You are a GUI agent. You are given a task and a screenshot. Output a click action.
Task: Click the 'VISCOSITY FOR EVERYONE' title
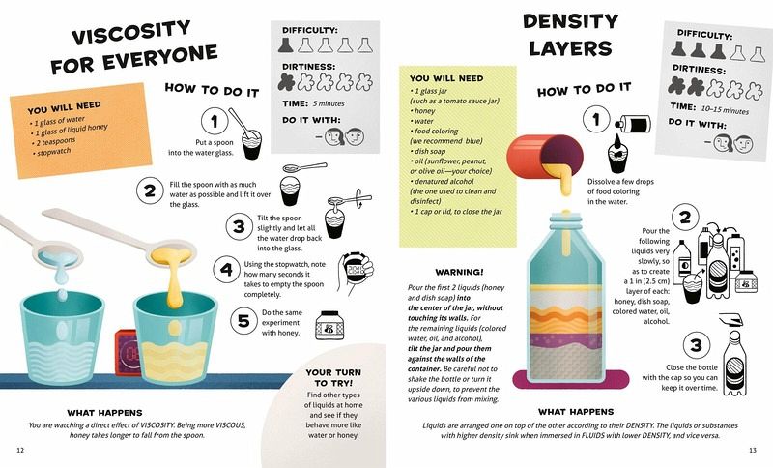coord(133,46)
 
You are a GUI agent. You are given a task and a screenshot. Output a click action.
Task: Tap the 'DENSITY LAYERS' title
coord(570,35)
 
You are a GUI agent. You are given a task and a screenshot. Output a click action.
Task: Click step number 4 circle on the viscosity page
coord(226,269)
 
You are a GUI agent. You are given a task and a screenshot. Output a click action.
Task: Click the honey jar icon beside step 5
coord(329,325)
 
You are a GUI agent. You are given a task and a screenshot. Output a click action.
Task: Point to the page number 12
coord(20,450)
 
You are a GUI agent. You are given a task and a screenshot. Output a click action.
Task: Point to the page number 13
coord(753,450)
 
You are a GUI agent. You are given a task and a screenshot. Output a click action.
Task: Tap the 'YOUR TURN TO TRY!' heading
coord(333,377)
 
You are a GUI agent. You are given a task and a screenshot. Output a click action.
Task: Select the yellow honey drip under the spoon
coord(174,281)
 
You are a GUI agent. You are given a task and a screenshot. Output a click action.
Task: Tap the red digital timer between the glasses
coord(126,352)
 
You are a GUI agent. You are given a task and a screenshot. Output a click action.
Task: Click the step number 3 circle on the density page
coord(696,344)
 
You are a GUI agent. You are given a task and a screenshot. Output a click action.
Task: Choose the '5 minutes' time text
coord(329,103)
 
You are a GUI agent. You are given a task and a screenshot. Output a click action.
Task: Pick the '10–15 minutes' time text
coord(725,110)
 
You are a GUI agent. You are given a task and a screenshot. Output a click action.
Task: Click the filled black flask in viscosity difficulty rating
coord(286,44)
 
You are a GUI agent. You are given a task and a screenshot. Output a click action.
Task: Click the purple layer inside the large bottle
coord(566,339)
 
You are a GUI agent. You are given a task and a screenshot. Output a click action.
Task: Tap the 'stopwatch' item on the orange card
coord(54,152)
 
